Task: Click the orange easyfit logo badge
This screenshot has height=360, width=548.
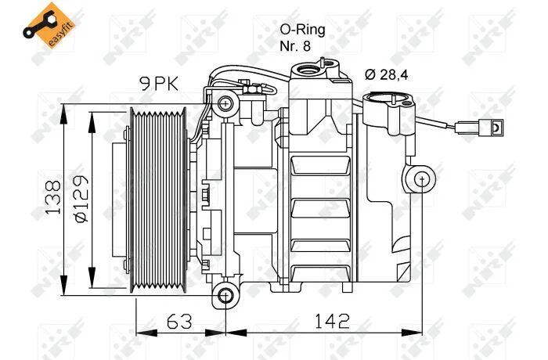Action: (50, 25)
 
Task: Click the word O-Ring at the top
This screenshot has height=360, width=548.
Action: (302, 30)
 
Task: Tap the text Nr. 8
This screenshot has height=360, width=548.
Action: (295, 46)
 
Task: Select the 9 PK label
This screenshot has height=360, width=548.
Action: (159, 84)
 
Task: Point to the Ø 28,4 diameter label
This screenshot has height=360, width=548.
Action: (386, 75)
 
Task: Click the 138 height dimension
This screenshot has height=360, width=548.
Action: (52, 197)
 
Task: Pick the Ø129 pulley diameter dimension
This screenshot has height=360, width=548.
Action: (81, 198)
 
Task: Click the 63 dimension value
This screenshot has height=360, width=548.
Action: (179, 321)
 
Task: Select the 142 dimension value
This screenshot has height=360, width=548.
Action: (333, 321)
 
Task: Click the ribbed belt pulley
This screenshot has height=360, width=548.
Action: (158, 200)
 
